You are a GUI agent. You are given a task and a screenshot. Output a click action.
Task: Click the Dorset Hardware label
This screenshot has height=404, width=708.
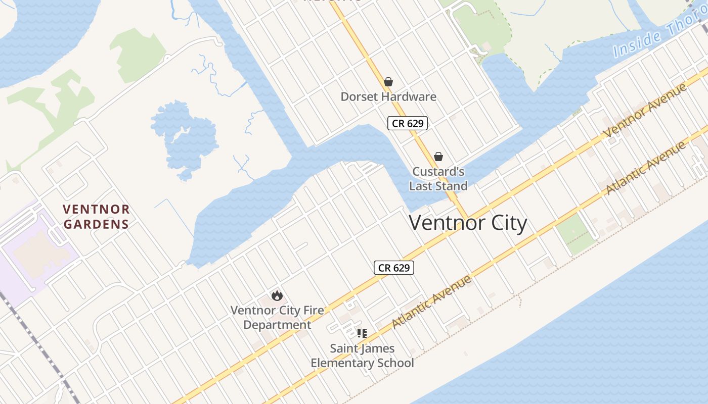click(x=388, y=96)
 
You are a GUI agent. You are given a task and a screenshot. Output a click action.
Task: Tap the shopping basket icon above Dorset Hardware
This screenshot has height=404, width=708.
click(x=388, y=82)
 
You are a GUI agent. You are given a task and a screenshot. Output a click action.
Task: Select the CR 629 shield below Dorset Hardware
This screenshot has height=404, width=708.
click(x=408, y=123)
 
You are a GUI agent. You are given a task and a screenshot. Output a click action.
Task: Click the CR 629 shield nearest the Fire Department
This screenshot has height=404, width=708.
click(x=394, y=268)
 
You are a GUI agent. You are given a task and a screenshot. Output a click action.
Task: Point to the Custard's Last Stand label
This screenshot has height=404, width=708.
click(x=438, y=179)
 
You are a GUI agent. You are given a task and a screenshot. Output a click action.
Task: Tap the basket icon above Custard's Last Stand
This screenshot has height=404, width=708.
click(x=438, y=157)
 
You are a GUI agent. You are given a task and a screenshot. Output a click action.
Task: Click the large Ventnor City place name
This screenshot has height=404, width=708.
click(x=468, y=223)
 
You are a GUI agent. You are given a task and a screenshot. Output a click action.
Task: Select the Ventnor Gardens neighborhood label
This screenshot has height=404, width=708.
click(x=96, y=217)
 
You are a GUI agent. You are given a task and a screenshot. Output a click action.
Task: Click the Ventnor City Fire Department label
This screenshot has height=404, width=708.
click(x=277, y=317)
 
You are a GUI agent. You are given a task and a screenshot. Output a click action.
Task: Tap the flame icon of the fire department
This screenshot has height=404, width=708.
click(x=277, y=296)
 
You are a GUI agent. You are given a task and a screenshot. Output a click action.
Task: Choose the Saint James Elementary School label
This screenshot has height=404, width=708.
click(x=362, y=356)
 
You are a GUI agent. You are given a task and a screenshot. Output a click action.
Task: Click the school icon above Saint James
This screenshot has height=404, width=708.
click(x=362, y=333)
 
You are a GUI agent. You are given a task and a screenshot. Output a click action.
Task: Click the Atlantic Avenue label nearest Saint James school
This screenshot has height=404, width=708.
click(x=431, y=301)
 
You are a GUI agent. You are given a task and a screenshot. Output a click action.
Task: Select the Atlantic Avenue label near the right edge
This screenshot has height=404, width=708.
click(x=646, y=168)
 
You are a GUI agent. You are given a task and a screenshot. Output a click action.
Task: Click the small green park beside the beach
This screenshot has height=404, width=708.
click(x=576, y=234)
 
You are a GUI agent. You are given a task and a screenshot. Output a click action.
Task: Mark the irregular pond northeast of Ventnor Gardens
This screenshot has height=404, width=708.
click(x=185, y=139)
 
